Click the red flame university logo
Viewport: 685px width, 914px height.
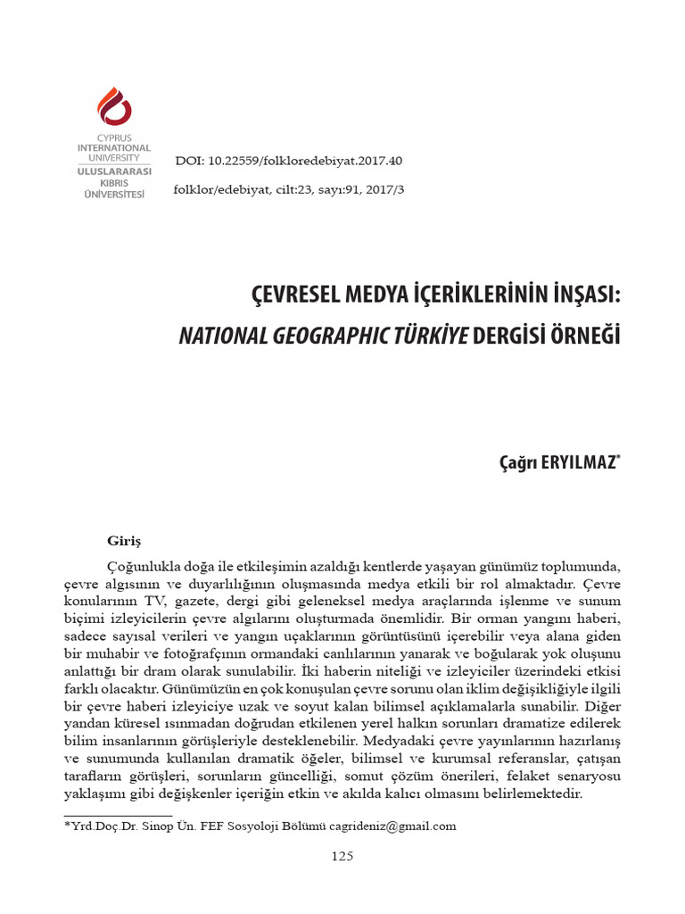pyautogui.click(x=113, y=106)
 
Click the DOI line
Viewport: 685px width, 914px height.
pyautogui.click(x=289, y=162)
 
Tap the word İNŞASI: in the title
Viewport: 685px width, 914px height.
pyautogui.click(x=576, y=296)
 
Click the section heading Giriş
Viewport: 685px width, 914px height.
pyautogui.click(x=124, y=540)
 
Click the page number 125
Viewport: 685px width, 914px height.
pyautogui.click(x=342, y=856)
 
